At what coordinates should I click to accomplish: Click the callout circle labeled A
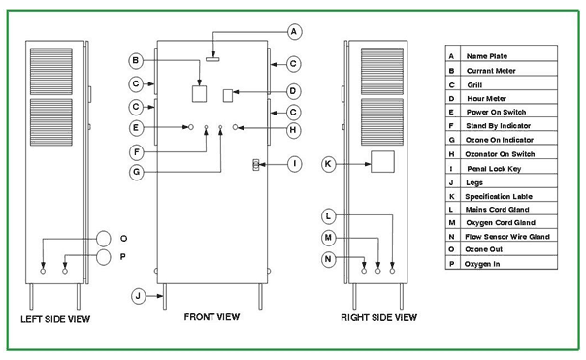click(x=294, y=32)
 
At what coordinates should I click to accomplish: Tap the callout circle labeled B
click(x=136, y=60)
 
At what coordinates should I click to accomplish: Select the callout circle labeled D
click(x=293, y=91)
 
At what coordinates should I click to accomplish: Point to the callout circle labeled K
click(x=329, y=164)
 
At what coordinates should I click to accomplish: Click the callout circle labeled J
click(x=139, y=296)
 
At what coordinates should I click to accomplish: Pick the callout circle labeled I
click(x=295, y=164)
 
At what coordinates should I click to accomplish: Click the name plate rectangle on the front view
click(x=212, y=59)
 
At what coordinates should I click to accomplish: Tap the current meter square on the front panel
click(x=199, y=94)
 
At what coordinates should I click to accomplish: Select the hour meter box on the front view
click(x=228, y=96)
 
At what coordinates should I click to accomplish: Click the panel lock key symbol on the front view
click(x=256, y=165)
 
